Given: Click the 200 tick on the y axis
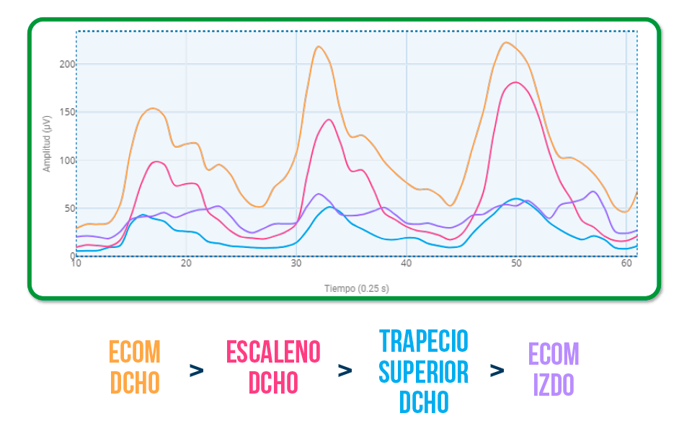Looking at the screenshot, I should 66,64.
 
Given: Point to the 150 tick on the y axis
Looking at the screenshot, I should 66,112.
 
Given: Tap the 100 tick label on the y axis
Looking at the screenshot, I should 66,160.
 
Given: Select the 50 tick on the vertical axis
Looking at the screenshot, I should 68,208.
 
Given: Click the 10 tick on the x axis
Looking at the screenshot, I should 76,265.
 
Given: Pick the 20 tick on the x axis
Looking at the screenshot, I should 186,265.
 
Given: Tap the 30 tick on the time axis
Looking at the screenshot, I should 296,265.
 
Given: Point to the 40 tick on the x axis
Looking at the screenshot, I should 407,265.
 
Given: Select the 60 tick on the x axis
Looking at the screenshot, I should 626,265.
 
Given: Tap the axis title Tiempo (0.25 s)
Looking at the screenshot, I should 357,288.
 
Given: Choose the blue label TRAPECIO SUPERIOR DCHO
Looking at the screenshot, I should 424,371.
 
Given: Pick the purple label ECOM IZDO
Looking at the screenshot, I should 554,368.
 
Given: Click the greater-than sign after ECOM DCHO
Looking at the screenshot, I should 196,371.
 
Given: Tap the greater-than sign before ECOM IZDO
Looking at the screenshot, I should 497,371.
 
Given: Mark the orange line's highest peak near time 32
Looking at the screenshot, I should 318,47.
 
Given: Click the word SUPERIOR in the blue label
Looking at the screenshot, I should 424,371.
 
